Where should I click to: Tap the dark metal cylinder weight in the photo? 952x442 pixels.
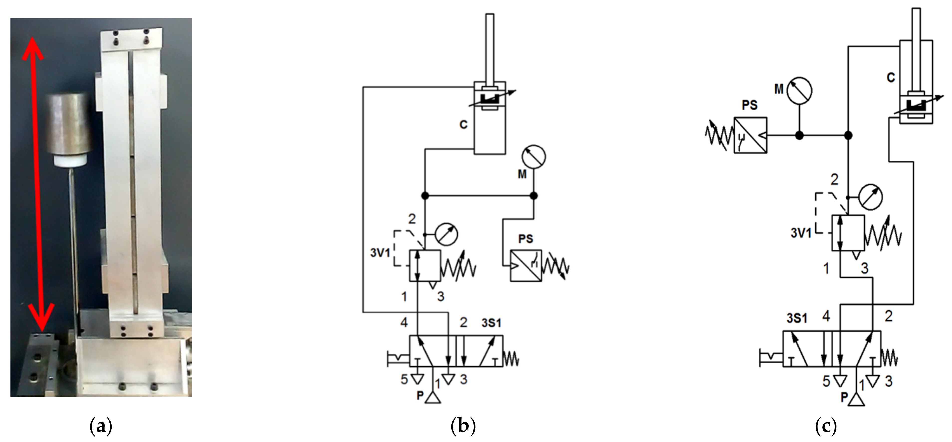[x=69, y=124]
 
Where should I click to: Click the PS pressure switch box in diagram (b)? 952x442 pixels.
[x=526, y=266]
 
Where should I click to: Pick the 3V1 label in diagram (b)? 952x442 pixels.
[x=380, y=253]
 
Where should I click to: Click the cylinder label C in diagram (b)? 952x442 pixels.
[x=463, y=125]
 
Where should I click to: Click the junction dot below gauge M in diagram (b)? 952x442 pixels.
[x=534, y=196]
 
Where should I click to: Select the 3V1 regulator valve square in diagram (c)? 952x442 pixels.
[x=848, y=233]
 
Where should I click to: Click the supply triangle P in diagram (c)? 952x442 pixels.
[x=856, y=400]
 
